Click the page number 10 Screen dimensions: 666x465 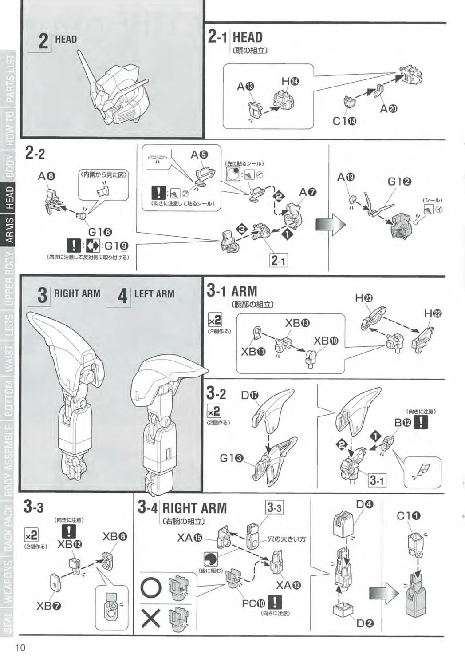pos(20,647)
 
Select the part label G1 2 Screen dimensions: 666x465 pos(399,181)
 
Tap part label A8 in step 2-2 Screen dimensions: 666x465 pos(47,176)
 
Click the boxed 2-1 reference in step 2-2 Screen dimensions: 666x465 pos(278,261)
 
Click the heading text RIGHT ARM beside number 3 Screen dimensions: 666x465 pos(77,293)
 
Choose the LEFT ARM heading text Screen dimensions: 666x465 pos(154,294)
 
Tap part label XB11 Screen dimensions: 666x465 pos(253,352)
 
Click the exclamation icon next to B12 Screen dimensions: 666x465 pos(421,422)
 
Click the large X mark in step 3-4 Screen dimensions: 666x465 pos(151,618)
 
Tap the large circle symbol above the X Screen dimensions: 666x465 pos(151,588)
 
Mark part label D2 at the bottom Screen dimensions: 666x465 pos(365,623)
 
